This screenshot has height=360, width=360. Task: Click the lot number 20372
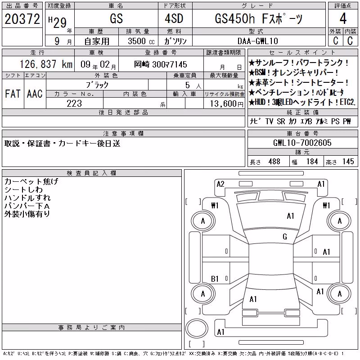(x=22, y=19)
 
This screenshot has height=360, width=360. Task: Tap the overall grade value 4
(x=343, y=18)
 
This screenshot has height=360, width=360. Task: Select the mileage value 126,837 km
(x=46, y=64)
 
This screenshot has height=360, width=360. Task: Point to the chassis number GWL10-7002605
(x=302, y=143)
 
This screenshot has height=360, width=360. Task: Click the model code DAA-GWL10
(x=258, y=41)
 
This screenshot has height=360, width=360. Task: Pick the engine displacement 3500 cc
(x=141, y=41)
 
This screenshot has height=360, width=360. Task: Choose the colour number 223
(x=74, y=103)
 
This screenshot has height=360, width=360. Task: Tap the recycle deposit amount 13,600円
(x=227, y=104)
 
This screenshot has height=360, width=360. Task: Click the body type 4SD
(x=174, y=18)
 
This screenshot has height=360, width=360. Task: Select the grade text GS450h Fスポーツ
(x=258, y=19)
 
